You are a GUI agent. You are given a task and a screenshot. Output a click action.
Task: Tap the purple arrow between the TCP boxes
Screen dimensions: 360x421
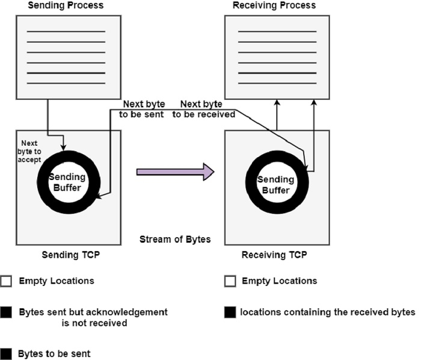(175, 172)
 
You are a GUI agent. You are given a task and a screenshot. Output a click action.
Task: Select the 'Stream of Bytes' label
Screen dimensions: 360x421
(175, 239)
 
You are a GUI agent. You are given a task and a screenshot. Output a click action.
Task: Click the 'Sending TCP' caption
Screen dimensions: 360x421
(70, 255)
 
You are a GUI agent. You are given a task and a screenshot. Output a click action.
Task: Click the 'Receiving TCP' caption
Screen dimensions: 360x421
(274, 255)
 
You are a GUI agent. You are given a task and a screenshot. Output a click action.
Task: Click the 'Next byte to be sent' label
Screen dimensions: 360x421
(143, 108)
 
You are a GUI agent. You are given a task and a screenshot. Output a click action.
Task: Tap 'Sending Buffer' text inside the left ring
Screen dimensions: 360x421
(67, 181)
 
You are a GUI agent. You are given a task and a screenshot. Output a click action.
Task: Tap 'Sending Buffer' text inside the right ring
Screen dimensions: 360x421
(275, 184)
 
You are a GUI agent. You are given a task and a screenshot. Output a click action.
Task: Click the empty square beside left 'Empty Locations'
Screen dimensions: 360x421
(6, 281)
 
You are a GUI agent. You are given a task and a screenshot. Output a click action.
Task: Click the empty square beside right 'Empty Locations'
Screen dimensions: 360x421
(229, 281)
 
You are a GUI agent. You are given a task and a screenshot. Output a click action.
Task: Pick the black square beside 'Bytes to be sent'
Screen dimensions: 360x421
(6, 354)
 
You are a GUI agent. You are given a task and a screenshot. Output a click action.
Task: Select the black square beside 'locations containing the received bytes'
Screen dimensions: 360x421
(229, 312)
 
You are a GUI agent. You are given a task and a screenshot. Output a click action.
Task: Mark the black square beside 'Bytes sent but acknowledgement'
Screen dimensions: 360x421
(6, 312)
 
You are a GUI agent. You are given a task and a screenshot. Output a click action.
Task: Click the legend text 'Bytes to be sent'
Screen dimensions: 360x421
(54, 354)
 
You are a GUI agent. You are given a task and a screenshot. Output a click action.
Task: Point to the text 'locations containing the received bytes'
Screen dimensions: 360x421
(328, 312)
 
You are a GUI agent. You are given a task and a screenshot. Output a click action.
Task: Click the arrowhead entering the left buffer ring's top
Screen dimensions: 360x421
(64, 147)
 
